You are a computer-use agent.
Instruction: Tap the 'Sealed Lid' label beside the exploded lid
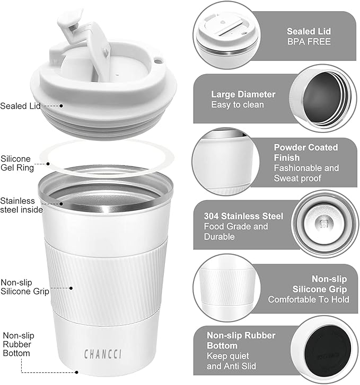tap(20, 105)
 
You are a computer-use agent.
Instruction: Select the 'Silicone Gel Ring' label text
tap(17, 164)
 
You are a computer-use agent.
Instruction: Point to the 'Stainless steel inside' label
tap(17, 206)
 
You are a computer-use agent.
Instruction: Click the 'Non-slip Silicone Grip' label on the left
tap(25, 286)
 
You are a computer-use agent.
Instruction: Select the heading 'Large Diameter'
tap(243, 94)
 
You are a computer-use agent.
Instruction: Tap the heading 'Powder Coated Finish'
tap(305, 152)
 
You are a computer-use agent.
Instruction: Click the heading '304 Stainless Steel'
tap(243, 216)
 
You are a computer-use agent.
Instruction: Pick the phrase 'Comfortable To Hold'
tap(309, 299)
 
